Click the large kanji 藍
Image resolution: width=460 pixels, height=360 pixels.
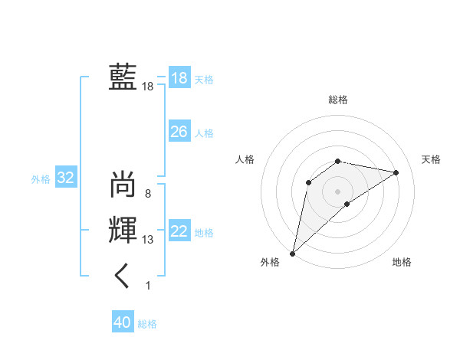[x=123, y=78]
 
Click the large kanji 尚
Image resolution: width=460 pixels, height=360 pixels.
[x=123, y=185]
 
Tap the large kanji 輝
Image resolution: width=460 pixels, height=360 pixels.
[x=123, y=231]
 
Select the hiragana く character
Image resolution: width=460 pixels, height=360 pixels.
[x=123, y=276]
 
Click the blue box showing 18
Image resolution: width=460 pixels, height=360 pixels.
[x=179, y=78]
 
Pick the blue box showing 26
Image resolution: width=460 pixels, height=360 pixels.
[x=179, y=132]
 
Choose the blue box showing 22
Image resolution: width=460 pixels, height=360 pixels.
[x=179, y=231]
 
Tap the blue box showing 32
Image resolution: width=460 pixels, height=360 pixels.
[x=66, y=178]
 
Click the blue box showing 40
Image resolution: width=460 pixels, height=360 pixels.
[x=123, y=323]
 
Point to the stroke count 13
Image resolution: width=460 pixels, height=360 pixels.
[x=147, y=240]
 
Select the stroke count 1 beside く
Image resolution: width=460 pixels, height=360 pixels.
[x=148, y=286]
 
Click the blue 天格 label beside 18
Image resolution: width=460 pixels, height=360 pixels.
[x=204, y=79]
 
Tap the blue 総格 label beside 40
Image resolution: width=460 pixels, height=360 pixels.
[x=147, y=324]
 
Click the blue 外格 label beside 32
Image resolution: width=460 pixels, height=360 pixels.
[x=41, y=179]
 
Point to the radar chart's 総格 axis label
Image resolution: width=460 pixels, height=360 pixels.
[x=338, y=100]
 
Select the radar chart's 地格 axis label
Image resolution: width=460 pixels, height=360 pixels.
[x=402, y=263]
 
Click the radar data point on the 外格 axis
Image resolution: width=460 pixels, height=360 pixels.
[x=292, y=253]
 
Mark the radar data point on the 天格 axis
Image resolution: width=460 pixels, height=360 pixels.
[x=396, y=172]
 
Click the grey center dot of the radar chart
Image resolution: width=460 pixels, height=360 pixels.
[x=338, y=191]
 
